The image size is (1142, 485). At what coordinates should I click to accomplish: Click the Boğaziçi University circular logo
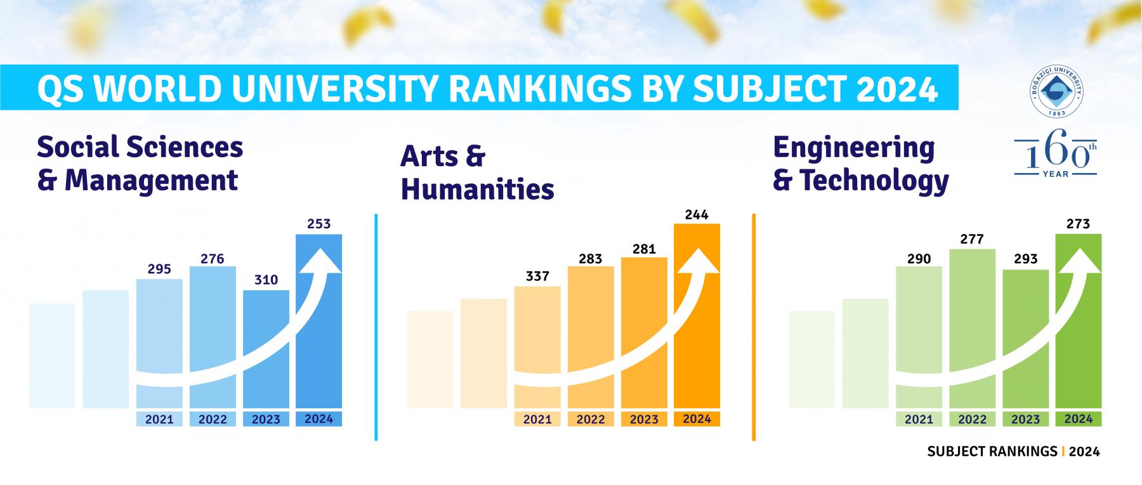[x=1056, y=93]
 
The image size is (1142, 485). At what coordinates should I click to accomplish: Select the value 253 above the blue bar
[x=318, y=224]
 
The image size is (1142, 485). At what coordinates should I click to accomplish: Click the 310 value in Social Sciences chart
[x=266, y=280]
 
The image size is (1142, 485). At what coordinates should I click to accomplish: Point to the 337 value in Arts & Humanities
[x=537, y=276]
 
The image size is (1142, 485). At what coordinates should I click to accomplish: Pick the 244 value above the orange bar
[x=697, y=214]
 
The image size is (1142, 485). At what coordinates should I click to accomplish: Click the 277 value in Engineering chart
[x=972, y=239]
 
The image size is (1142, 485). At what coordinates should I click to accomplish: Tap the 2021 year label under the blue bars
[x=159, y=419]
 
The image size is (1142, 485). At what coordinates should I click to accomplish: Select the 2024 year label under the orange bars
[x=697, y=418]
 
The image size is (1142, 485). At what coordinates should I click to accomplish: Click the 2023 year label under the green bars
[x=1025, y=419]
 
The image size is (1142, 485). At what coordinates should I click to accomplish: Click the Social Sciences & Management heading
[x=140, y=164]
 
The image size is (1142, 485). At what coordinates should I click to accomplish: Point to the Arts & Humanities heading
[x=477, y=172]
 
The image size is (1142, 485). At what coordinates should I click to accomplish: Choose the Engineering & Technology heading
[x=860, y=164]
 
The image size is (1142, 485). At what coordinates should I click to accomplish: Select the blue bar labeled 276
[x=213, y=336]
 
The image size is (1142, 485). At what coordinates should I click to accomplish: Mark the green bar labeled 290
[x=919, y=336]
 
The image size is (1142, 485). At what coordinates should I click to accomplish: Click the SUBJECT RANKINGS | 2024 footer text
[x=1013, y=451]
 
